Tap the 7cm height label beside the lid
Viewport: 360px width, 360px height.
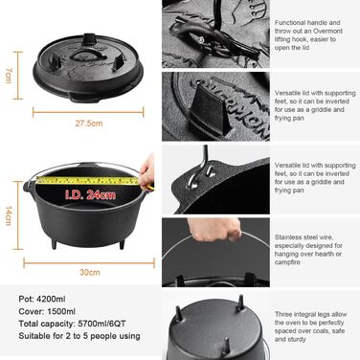point(9,73)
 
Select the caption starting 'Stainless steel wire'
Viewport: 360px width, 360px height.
point(303,249)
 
